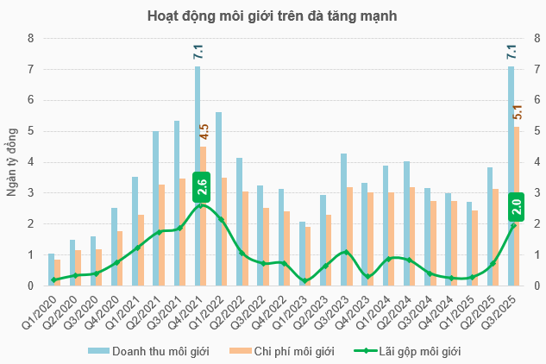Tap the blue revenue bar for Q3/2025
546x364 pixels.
tap(511, 173)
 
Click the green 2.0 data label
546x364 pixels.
tap(515, 206)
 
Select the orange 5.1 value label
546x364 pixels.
tap(518, 112)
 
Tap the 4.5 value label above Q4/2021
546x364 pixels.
tap(204, 131)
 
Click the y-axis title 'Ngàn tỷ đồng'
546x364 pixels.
tap(11, 162)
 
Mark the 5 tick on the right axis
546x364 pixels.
tap(537, 131)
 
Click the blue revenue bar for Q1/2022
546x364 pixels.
tap(218, 198)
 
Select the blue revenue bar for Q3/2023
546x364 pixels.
tap(343, 220)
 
